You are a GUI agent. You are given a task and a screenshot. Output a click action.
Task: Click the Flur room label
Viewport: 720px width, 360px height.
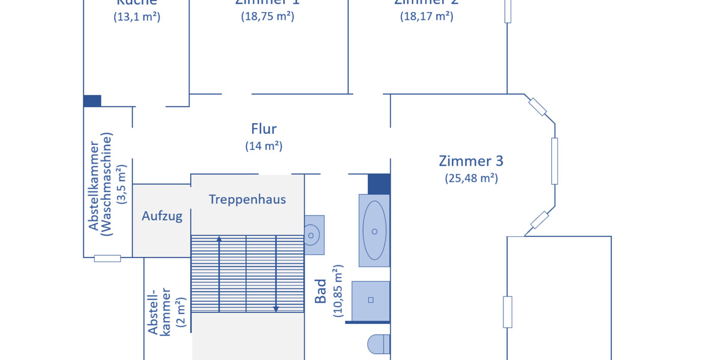(x=263, y=128)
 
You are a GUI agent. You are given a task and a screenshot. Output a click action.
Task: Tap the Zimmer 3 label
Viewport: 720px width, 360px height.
(x=471, y=161)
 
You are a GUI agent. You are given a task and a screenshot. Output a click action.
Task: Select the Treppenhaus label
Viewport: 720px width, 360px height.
(x=247, y=199)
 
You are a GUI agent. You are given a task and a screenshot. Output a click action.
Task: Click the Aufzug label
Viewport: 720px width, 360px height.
(x=162, y=217)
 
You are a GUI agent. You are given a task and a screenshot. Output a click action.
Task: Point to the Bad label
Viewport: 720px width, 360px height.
(x=321, y=290)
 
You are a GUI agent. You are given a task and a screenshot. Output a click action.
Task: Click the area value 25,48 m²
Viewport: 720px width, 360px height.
(x=471, y=178)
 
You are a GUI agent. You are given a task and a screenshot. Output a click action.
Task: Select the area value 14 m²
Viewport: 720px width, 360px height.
(x=263, y=146)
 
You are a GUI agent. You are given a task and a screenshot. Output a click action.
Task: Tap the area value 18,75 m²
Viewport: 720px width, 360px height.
(x=268, y=17)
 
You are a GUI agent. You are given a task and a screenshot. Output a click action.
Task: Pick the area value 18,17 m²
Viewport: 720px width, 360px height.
(x=427, y=17)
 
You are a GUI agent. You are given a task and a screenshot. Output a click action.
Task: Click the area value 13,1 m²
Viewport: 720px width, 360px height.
(x=137, y=17)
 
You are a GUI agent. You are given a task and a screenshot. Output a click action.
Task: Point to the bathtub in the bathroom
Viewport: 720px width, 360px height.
(x=374, y=230)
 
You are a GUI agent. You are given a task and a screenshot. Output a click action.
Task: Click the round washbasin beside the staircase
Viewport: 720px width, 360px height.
(x=312, y=235)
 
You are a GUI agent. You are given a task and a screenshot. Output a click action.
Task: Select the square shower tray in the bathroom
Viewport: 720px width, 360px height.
(x=370, y=300)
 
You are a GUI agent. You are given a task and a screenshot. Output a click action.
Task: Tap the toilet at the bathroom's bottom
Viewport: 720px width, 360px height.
(x=378, y=346)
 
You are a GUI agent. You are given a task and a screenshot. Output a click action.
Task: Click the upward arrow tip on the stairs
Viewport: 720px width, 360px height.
(x=219, y=238)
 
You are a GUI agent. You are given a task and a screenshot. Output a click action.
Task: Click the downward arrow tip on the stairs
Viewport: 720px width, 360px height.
(x=276, y=309)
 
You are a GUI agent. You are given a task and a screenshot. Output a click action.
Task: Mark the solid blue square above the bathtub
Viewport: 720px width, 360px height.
(x=379, y=184)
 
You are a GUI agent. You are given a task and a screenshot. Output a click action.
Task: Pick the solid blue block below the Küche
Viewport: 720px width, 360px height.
(x=92, y=101)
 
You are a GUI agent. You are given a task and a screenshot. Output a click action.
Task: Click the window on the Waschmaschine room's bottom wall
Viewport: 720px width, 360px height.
(x=107, y=258)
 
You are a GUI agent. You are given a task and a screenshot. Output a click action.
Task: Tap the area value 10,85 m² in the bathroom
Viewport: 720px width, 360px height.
(x=338, y=290)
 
